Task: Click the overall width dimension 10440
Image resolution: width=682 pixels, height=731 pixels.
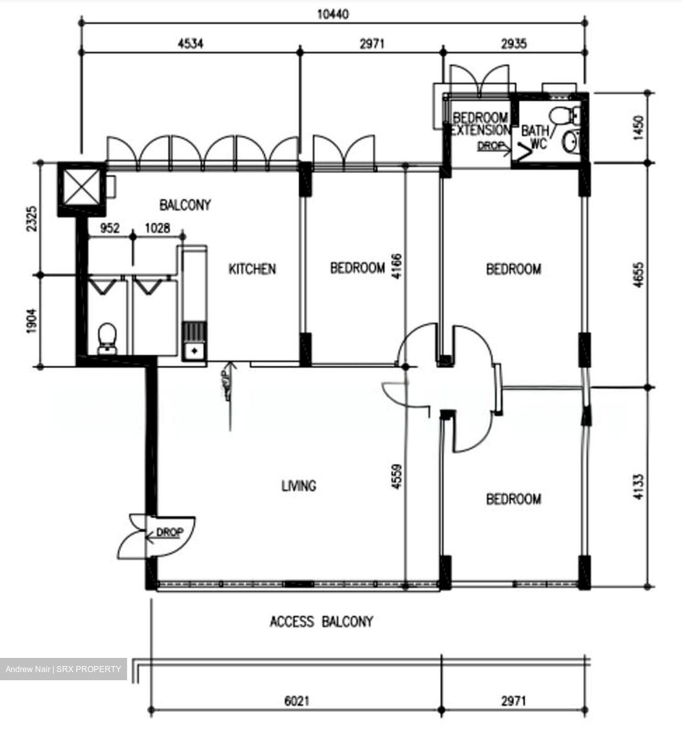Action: [x=333, y=14]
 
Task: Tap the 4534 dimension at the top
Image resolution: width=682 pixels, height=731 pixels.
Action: [x=191, y=44]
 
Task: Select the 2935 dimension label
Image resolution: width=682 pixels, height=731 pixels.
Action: [x=514, y=44]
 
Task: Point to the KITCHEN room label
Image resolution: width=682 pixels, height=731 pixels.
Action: [x=252, y=269]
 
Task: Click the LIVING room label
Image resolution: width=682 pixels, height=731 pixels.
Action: [x=299, y=486]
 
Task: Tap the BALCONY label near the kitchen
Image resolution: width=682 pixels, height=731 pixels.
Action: [x=185, y=205]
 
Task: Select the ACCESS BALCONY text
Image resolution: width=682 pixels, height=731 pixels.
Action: [x=321, y=621]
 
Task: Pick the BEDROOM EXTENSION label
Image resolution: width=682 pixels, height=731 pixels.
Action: [x=480, y=124]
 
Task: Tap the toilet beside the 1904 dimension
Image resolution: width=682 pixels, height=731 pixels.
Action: [x=107, y=338]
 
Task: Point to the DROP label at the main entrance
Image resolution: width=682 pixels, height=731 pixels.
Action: [x=169, y=533]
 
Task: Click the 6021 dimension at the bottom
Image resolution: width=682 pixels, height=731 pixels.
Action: [x=296, y=701]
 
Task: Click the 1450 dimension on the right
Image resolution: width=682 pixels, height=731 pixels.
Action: [x=638, y=128]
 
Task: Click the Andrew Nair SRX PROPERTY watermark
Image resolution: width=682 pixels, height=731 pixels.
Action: [x=64, y=669]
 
